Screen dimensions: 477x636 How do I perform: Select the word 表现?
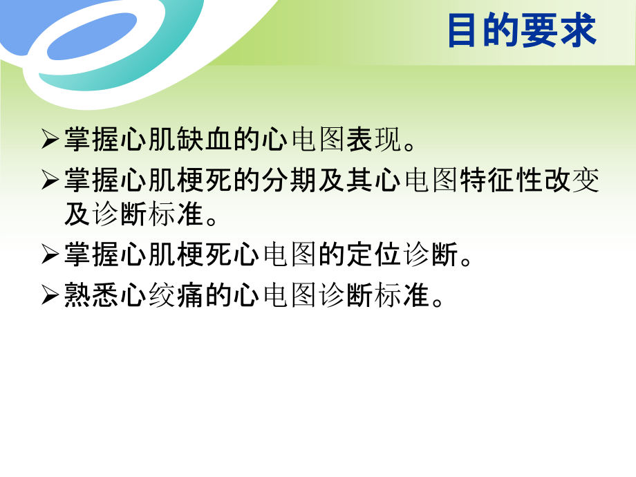point(373,141)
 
